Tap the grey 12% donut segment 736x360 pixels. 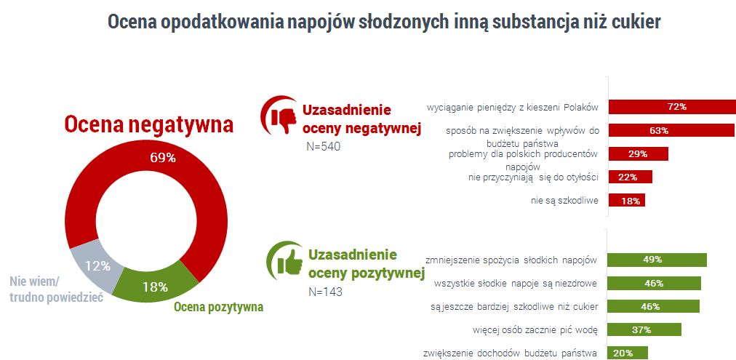(x=94, y=266)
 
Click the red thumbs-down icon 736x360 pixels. (x=279, y=117)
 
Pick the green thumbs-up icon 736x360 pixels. (x=285, y=260)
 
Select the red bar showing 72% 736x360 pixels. (x=671, y=107)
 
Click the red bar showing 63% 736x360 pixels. (x=671, y=131)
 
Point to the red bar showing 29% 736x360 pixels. (x=637, y=154)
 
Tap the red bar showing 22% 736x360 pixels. (x=630, y=177)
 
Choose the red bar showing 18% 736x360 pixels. (x=626, y=200)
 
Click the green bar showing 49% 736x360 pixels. (x=657, y=260)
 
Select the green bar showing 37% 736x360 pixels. (x=644, y=329)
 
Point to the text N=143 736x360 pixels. (x=325, y=292)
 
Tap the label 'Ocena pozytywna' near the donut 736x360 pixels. (x=218, y=306)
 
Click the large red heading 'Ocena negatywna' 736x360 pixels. (x=149, y=124)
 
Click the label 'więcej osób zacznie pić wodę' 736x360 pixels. (x=534, y=329)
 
